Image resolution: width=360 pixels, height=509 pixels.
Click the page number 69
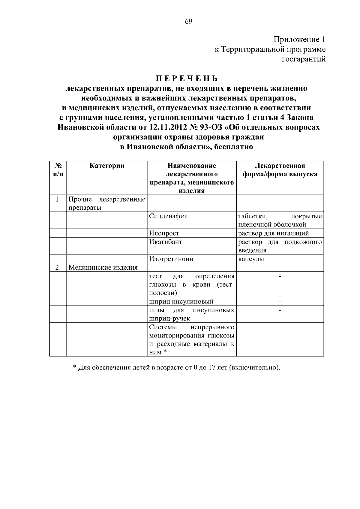(x=188, y=21)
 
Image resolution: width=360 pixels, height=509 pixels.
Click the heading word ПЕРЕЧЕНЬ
(x=186, y=79)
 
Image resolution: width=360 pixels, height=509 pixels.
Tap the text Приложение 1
(x=299, y=40)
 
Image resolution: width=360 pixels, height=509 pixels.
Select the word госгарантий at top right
(x=304, y=59)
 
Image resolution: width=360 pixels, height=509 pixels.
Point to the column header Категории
(x=107, y=166)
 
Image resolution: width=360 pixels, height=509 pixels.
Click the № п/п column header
(x=58, y=170)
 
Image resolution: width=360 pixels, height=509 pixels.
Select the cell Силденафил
(x=168, y=216)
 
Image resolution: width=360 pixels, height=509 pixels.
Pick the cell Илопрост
(x=164, y=233)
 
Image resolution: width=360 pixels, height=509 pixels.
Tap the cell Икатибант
(x=166, y=242)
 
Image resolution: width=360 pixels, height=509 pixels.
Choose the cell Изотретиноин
(x=171, y=259)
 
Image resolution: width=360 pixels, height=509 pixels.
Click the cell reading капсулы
(x=251, y=259)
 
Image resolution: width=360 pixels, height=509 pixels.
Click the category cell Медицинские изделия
(x=103, y=268)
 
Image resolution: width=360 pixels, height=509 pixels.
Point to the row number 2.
(x=58, y=267)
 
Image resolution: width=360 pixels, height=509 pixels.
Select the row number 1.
(x=58, y=199)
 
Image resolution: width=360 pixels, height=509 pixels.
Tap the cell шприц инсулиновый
(x=181, y=301)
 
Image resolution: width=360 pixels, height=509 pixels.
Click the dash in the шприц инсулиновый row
(x=280, y=301)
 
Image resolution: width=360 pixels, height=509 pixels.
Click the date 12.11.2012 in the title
(x=169, y=127)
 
